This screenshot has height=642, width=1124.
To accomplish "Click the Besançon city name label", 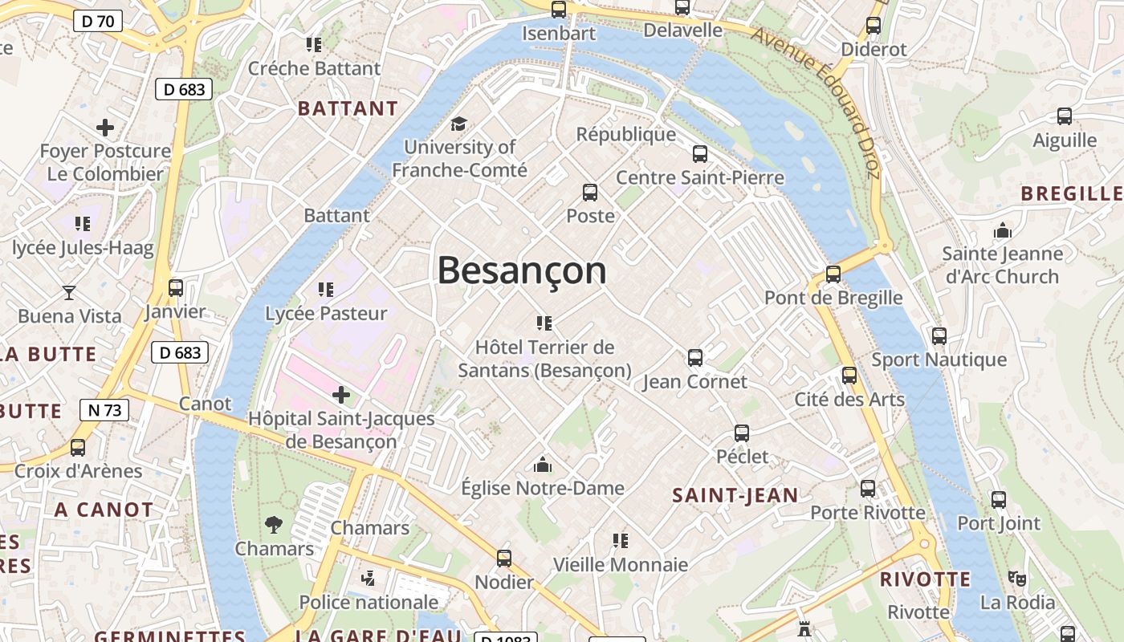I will (522, 270).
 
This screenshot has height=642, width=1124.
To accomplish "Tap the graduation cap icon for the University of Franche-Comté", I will (458, 124).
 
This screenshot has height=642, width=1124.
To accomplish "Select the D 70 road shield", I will (98, 21).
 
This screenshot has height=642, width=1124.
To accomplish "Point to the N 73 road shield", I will (104, 410).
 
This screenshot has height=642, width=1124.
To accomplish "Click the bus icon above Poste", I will (590, 193).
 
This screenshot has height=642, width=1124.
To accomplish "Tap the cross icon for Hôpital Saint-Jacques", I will (341, 395).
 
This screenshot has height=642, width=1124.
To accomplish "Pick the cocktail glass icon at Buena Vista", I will (69, 293).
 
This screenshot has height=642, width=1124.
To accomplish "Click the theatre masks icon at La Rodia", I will (1017, 578).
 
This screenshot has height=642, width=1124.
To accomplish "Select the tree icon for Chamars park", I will (274, 525).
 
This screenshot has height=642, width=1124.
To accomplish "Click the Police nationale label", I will (369, 602).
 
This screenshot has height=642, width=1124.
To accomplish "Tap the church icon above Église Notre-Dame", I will (543, 465).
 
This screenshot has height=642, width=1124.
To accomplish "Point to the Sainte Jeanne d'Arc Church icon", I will (1002, 231).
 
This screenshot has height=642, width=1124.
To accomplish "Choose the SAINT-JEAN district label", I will (735, 495).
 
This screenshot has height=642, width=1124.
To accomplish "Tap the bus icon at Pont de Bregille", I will (833, 274).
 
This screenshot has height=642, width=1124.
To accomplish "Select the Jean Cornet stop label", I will (695, 381).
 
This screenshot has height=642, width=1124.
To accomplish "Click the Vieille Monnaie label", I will (620, 564).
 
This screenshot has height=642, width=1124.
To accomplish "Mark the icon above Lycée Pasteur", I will (326, 289).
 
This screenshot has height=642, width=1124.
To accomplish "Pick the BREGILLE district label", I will (1072, 193).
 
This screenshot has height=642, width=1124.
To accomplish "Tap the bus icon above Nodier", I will (504, 559).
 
